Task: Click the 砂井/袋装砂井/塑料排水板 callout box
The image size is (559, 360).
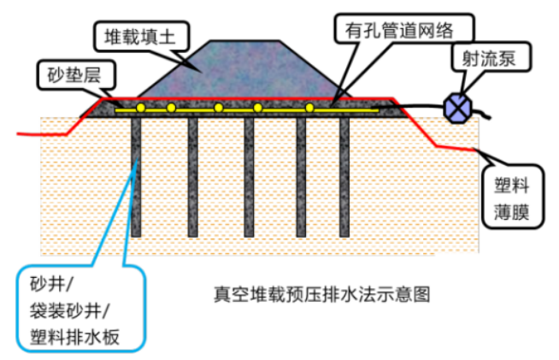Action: [81, 309]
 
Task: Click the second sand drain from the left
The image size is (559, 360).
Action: [192, 175]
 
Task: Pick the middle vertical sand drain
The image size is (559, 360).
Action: [249, 175]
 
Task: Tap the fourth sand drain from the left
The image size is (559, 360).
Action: [302, 175]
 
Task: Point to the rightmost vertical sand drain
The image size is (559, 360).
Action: [344, 175]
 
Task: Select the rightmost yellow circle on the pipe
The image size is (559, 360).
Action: [310, 108]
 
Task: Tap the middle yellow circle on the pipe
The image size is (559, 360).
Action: [219, 108]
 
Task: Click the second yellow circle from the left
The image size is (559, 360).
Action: [171, 108]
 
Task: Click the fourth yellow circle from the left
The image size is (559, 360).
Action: [258, 108]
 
